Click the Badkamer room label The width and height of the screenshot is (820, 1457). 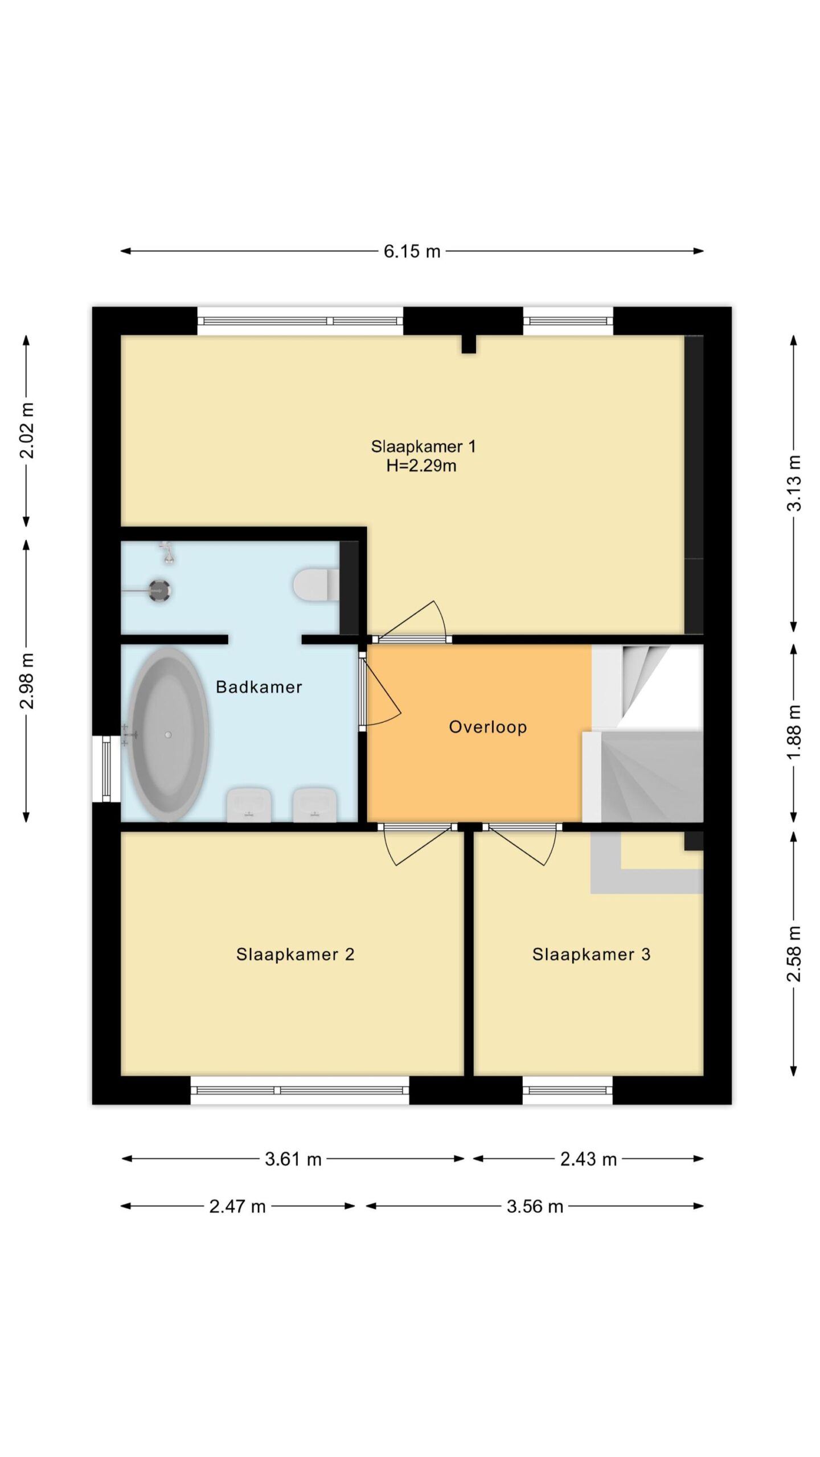[259, 687]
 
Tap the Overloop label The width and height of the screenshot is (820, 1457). [487, 727]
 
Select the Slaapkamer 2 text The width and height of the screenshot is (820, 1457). [295, 954]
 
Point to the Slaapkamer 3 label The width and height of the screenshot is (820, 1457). [591, 954]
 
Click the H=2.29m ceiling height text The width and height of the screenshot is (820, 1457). [421, 466]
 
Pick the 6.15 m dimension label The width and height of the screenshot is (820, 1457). [412, 251]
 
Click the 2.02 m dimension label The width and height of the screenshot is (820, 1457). [27, 430]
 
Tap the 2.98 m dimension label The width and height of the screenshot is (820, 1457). [27, 681]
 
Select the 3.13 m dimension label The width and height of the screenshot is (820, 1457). [794, 483]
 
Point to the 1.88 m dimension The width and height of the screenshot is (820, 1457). [794, 732]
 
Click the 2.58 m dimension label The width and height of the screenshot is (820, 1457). [794, 954]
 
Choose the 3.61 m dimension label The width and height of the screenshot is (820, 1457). [293, 1159]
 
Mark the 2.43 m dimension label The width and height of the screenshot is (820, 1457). [588, 1159]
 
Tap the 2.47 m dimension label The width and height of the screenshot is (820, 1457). [237, 1207]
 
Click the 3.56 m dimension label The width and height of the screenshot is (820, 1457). [535, 1207]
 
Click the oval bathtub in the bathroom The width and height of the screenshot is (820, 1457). [167, 734]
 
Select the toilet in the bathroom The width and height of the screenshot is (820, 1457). [317, 585]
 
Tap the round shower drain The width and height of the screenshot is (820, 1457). [159, 591]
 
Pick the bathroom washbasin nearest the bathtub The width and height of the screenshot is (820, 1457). [249, 805]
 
